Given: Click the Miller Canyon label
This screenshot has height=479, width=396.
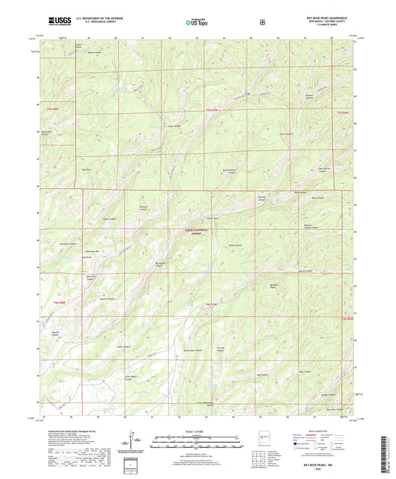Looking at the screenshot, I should [125, 347].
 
